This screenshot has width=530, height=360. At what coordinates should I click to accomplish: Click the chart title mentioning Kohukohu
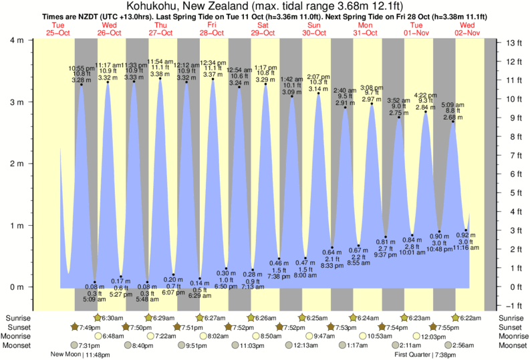(x=265, y=6)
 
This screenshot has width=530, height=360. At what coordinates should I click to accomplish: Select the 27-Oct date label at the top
(x=160, y=33)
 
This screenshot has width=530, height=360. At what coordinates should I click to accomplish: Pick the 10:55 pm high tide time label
(x=82, y=68)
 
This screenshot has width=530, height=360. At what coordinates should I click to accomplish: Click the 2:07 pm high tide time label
(x=318, y=77)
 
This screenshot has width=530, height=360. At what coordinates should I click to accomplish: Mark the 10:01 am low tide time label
(x=412, y=252)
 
